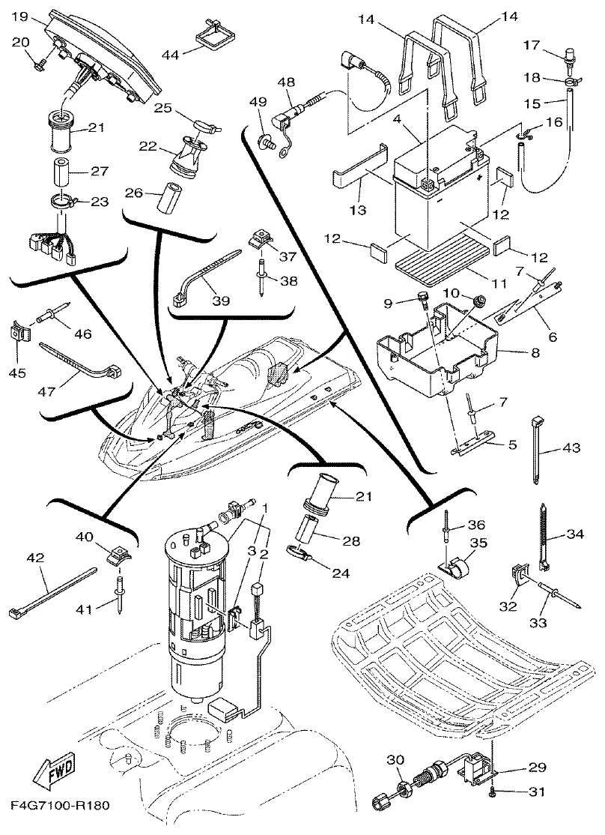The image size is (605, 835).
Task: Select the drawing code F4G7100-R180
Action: pos(61,807)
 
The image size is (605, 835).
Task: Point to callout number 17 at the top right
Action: pos(553,45)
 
